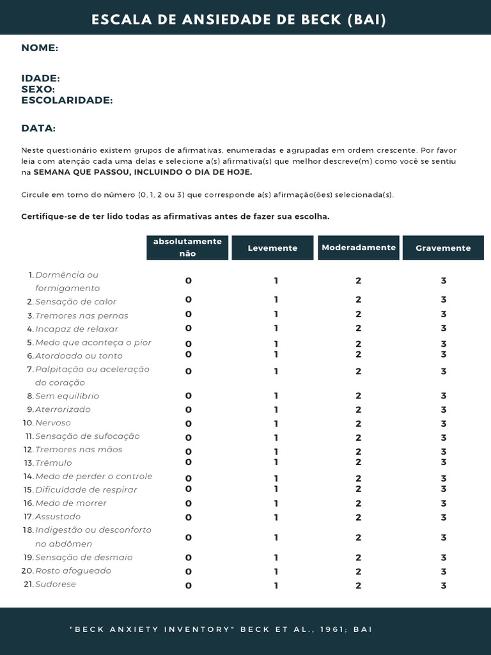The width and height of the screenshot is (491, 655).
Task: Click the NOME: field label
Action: click(x=40, y=48)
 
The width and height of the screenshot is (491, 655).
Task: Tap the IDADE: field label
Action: click(x=40, y=78)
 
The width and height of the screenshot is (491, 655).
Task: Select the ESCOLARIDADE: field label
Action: click(x=66, y=100)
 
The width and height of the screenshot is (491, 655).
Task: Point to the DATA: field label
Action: click(x=38, y=128)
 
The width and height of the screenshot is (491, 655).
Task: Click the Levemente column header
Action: click(x=272, y=248)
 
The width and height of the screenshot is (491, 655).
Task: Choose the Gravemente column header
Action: click(x=443, y=248)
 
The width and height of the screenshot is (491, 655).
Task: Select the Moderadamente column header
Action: click(x=359, y=247)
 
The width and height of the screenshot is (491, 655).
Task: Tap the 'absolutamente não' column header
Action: click(x=187, y=247)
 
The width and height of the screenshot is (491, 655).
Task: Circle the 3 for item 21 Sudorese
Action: click(x=443, y=585)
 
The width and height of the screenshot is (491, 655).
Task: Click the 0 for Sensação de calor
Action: click(x=188, y=299)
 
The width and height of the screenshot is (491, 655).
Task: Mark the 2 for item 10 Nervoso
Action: click(x=359, y=423)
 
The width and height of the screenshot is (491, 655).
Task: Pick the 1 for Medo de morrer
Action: click(x=276, y=503)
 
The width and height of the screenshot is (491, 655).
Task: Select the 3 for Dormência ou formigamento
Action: click(x=443, y=281)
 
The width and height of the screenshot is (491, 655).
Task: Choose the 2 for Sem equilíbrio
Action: click(x=359, y=396)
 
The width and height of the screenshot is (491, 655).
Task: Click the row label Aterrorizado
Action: click(x=63, y=409)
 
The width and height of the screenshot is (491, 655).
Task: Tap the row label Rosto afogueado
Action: click(x=73, y=571)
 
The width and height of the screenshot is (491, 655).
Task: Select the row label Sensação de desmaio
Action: click(x=84, y=557)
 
